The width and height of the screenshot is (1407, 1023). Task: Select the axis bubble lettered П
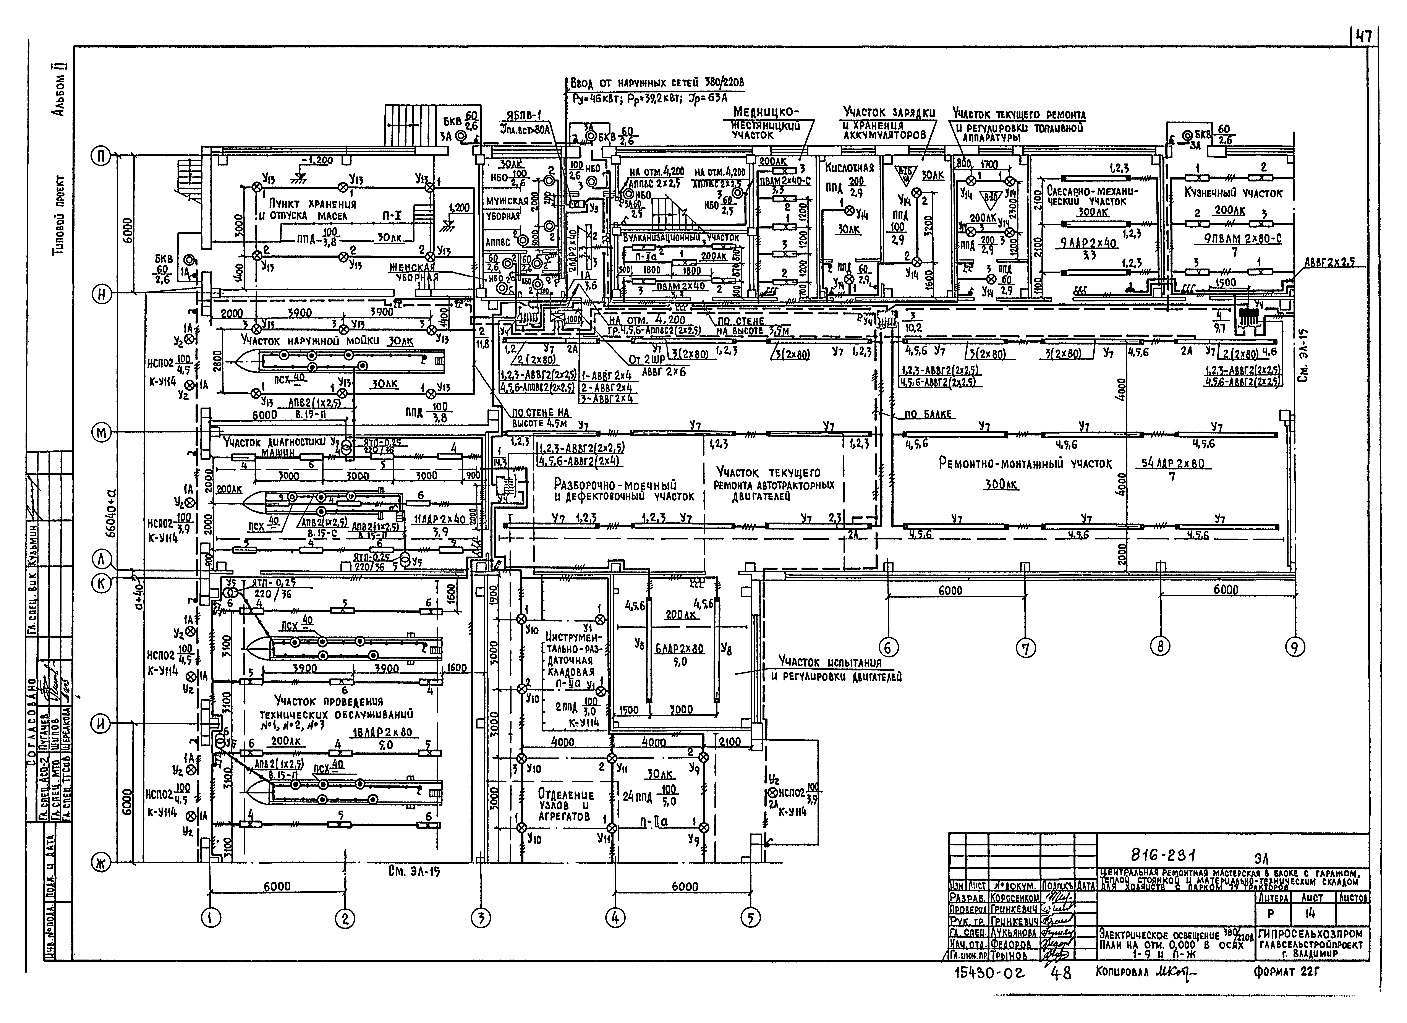(100, 156)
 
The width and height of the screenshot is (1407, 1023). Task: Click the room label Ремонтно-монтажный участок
(1025, 463)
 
